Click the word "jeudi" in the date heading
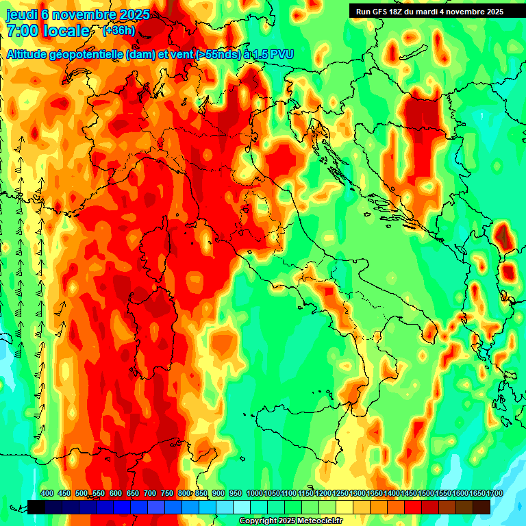[21, 14]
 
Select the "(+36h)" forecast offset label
[118, 30]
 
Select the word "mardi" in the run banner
[434, 12]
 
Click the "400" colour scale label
[47, 493]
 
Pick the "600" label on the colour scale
[116, 493]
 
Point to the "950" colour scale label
[236, 493]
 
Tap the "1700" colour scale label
[476, 493]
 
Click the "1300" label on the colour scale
[356, 493]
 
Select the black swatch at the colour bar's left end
[36, 507]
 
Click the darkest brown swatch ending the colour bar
[481, 507]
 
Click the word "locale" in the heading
[66, 31]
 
